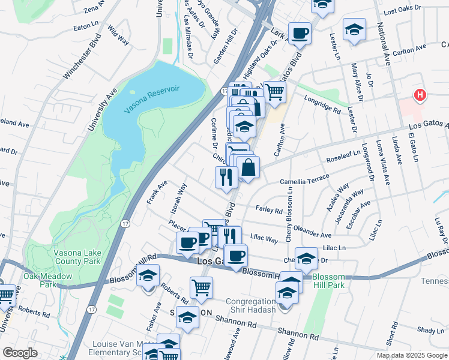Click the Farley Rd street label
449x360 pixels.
pyautogui.click(x=269, y=210)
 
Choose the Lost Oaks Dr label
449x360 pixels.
pyautogui.click(x=399, y=11)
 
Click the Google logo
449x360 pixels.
pyautogui.click(x=20, y=353)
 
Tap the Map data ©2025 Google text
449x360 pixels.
pyautogui.click(x=411, y=355)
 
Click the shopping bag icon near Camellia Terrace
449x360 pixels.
pyautogui.click(x=248, y=167)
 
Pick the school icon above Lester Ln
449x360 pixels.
pyautogui.click(x=354, y=28)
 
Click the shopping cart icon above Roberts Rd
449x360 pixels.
pyautogui.click(x=201, y=287)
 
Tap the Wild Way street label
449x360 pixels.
pyautogui.click(x=119, y=36)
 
